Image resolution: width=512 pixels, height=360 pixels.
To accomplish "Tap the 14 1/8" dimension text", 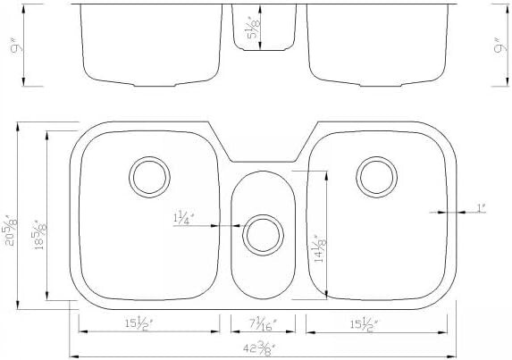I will pyautogui.click(x=316, y=244).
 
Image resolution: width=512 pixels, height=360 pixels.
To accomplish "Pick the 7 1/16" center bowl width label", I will pyautogui.click(x=262, y=322).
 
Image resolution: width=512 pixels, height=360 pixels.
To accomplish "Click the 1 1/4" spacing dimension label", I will pyautogui.click(x=184, y=217).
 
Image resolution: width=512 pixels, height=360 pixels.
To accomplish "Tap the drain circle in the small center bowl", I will pyautogui.click(x=261, y=232).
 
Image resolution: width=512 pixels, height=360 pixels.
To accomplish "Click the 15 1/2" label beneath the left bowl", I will pyautogui.click(x=148, y=322).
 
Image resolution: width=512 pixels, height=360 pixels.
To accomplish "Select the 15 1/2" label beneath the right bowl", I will pyautogui.click(x=368, y=322).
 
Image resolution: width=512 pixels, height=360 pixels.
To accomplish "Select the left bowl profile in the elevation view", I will pyautogui.click(x=149, y=45).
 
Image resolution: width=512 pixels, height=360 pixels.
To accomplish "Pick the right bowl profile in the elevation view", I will pyautogui.click(x=375, y=45).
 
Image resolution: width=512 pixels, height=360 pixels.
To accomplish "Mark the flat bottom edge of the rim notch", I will pyautogui.click(x=261, y=161).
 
